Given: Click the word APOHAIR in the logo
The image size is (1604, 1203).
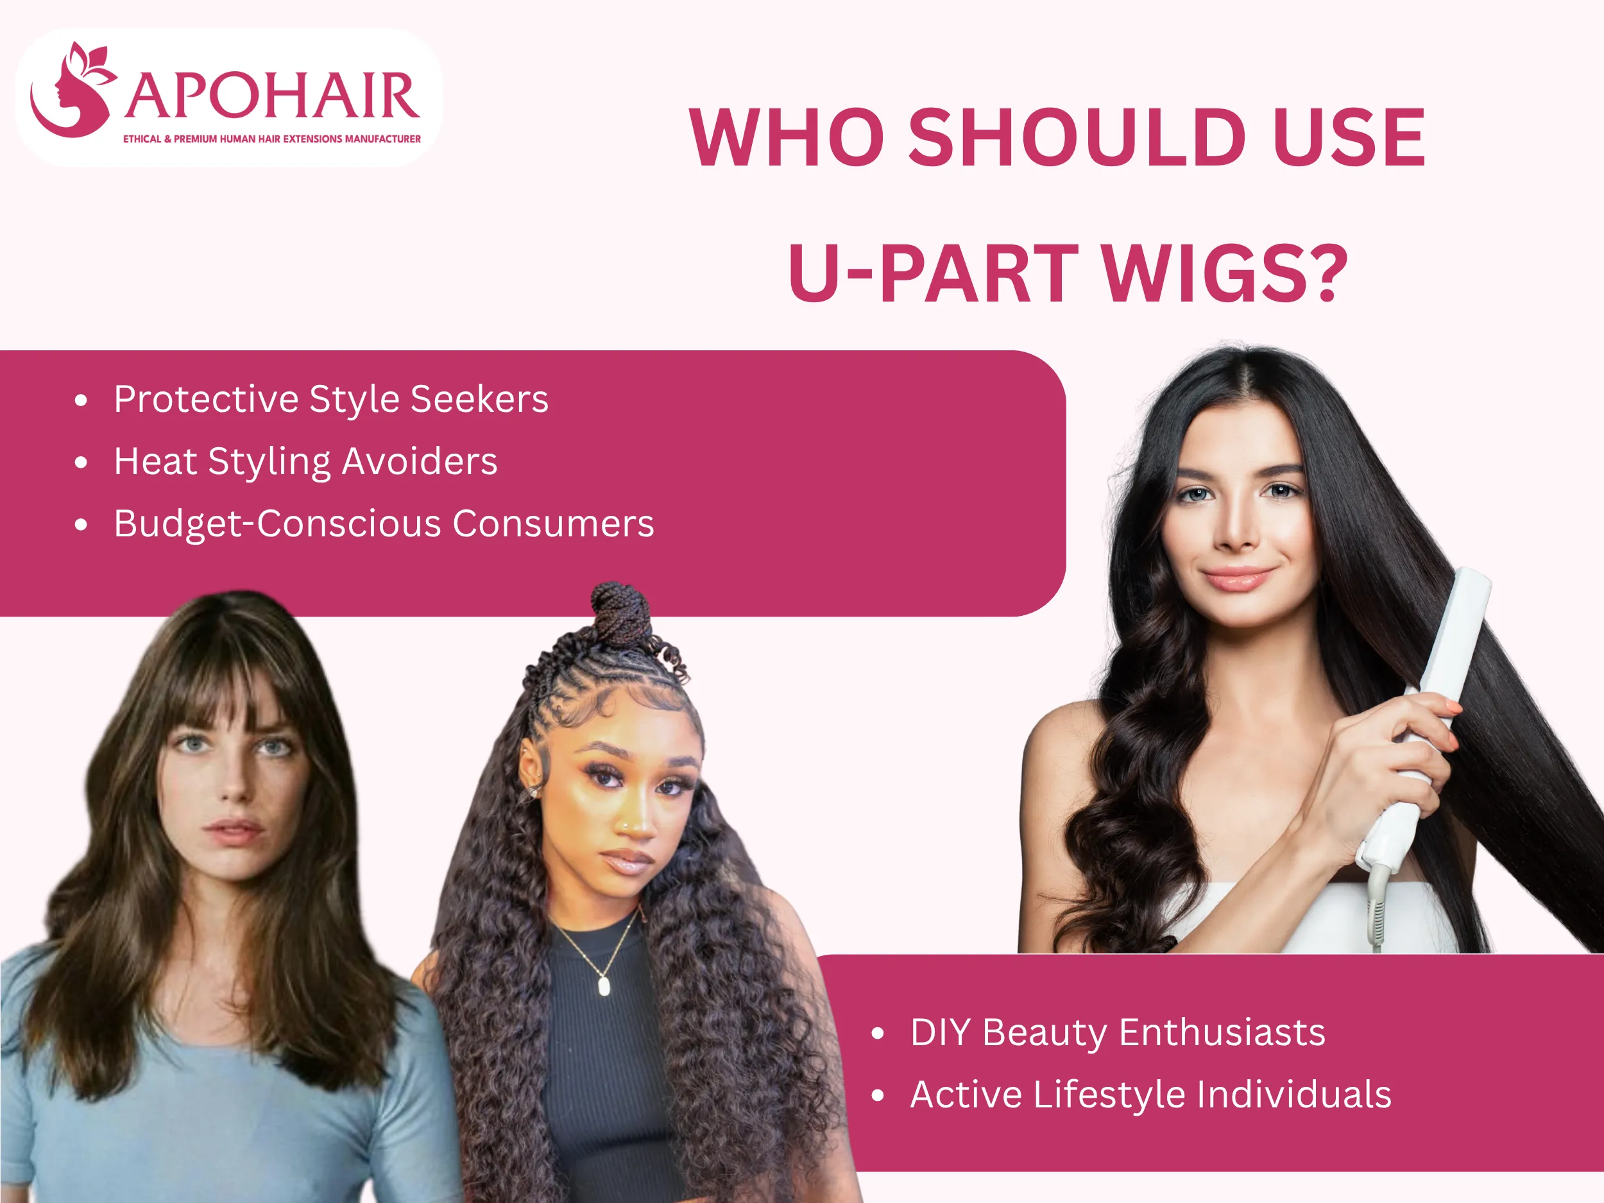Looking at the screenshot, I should [x=273, y=96].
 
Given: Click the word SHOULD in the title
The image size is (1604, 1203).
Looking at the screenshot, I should [x=1077, y=138].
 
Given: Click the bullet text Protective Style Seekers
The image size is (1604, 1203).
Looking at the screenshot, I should [x=330, y=400].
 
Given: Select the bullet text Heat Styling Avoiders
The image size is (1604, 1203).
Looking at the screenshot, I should [x=305, y=462].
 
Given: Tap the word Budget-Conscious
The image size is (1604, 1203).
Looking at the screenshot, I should [x=277, y=524].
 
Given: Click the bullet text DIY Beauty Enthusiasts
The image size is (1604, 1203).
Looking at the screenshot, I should [x=1118, y=1032].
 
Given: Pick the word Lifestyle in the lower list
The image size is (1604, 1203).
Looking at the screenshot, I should [x=1109, y=1094].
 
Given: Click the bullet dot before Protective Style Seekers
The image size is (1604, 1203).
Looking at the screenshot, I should [x=81, y=400].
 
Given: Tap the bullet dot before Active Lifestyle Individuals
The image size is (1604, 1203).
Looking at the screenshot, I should [x=878, y=1095].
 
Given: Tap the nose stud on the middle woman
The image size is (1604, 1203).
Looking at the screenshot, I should [x=625, y=824].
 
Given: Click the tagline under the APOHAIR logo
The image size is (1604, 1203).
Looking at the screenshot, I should [x=272, y=139].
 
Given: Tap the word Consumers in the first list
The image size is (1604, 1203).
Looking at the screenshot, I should [x=552, y=524].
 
